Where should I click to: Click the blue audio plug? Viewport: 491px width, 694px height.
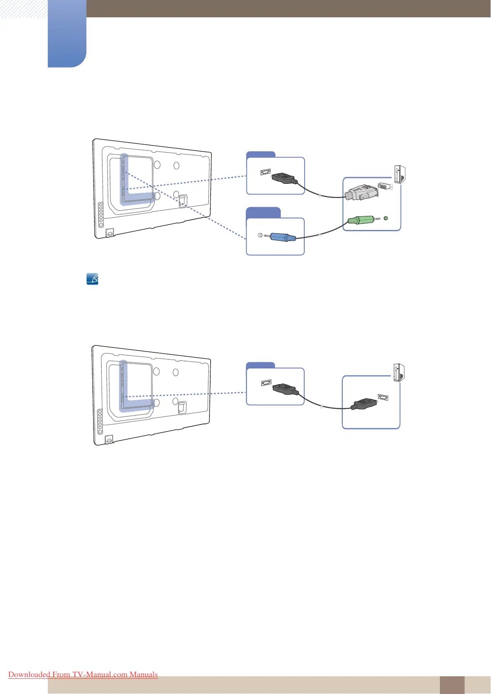283,237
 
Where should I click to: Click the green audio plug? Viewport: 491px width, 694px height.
359,220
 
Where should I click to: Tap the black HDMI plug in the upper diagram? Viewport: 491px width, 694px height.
284,178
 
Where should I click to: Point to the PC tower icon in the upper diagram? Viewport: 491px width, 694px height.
399,174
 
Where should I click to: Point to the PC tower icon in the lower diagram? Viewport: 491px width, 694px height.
399,373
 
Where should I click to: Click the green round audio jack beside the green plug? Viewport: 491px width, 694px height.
385,218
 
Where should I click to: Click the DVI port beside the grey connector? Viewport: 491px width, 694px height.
385,187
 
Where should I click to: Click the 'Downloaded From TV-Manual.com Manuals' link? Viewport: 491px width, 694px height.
83,675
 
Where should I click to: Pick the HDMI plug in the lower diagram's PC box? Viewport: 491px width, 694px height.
364,403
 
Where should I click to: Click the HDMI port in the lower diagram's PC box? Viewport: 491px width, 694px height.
383,398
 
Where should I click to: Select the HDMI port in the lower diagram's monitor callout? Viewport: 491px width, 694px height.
266,383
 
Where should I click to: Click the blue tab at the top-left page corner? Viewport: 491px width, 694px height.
67,33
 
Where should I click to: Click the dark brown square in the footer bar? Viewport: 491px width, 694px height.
452,685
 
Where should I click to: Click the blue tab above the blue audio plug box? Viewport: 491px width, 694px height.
263,213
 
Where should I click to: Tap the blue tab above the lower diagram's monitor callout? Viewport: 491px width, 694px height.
261,365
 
